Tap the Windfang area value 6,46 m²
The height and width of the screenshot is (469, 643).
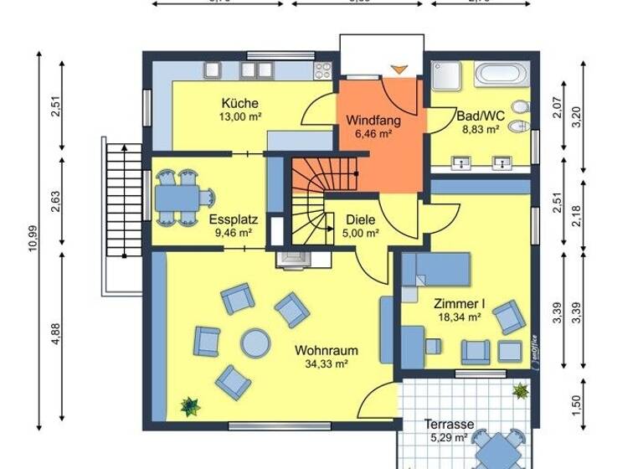pos(373,133)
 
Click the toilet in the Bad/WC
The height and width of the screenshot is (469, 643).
pos(520,109)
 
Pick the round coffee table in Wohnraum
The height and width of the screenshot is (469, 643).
pos(255,342)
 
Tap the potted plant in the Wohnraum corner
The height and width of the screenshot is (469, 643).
pos(191,406)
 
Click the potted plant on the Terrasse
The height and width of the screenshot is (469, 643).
pos(521,390)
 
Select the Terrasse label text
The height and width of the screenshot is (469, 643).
pos(449,424)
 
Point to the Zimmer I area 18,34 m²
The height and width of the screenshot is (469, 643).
pos(457,317)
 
